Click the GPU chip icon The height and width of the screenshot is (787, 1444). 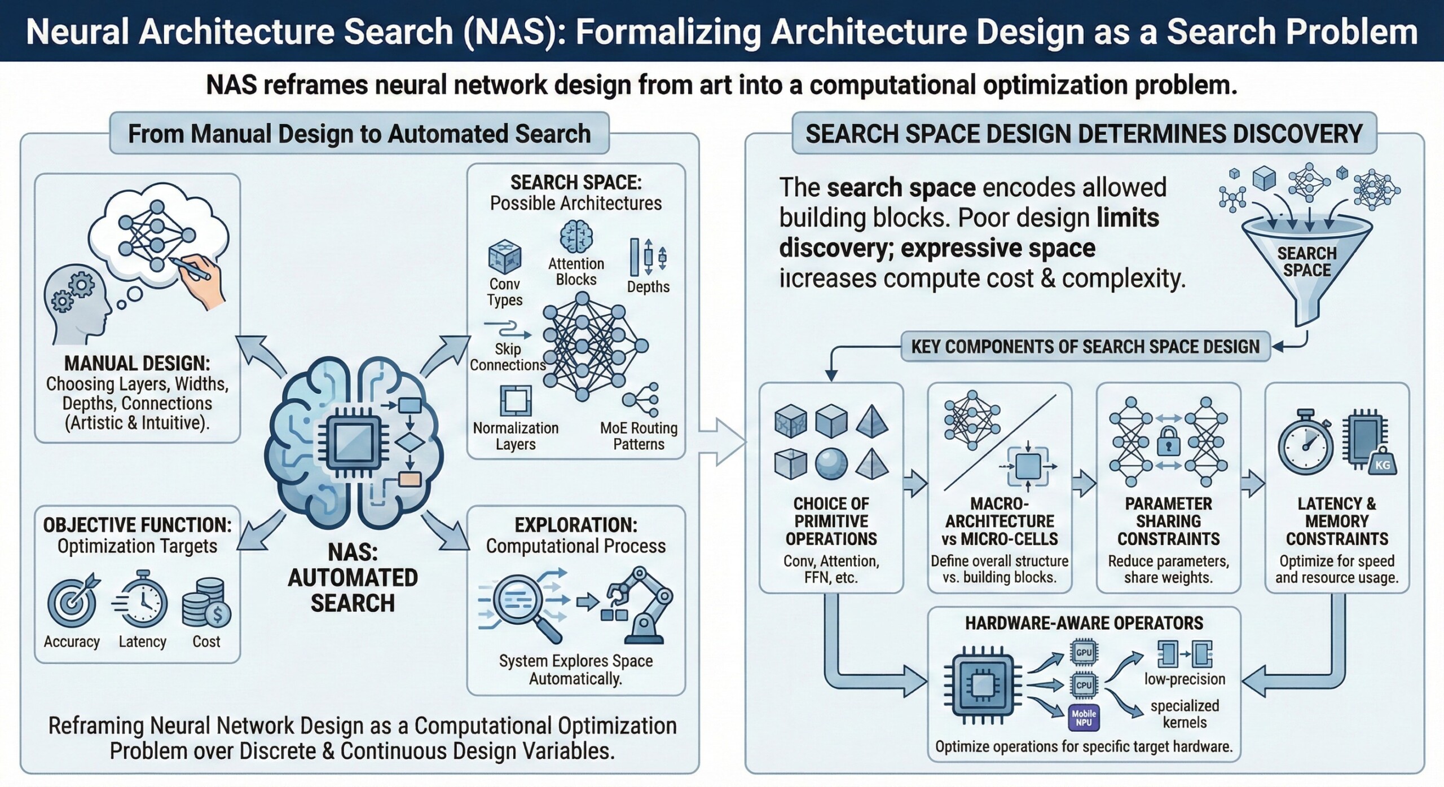[1083, 652]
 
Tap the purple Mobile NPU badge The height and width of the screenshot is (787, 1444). [1084, 718]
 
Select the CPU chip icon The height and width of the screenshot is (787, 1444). [1083, 685]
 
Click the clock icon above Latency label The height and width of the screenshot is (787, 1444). [142, 601]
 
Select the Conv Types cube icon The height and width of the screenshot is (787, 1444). [504, 257]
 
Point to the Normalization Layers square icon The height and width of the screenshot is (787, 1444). [516, 401]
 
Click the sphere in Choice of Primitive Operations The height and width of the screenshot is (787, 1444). [831, 464]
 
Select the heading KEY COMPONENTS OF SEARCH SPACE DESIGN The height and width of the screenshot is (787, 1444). [1085, 346]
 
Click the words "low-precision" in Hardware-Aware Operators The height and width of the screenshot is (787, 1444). [1185, 679]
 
